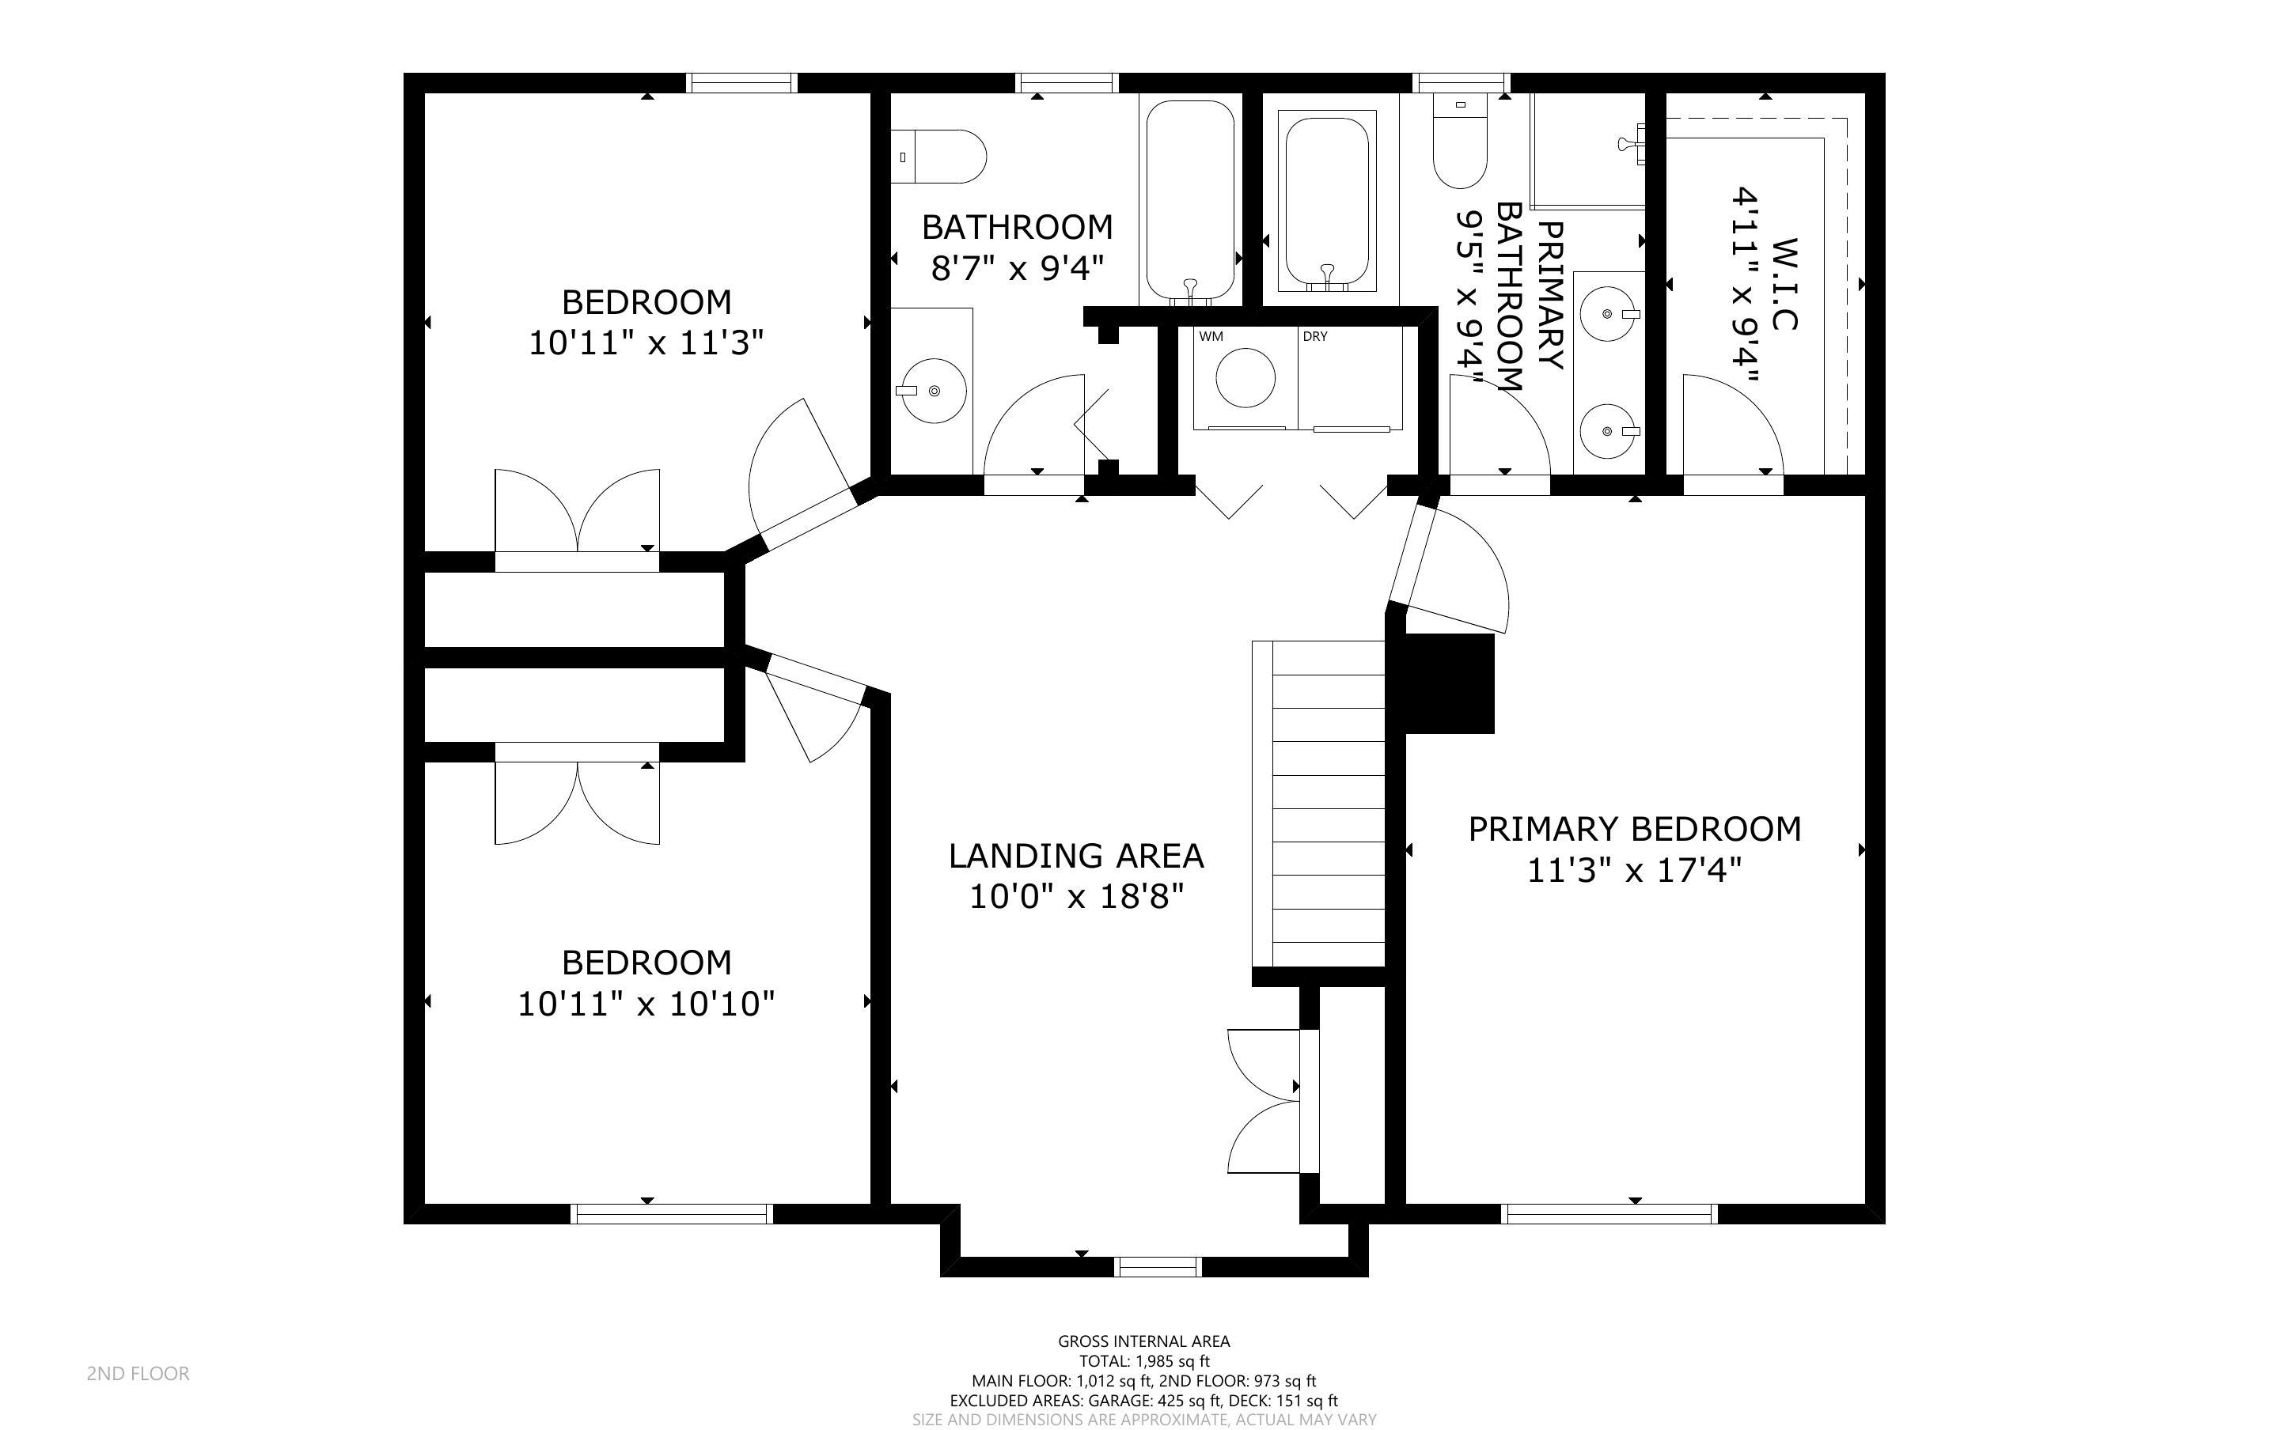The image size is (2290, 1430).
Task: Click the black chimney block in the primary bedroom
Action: [1447, 683]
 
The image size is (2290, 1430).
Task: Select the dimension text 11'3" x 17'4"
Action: [1633, 869]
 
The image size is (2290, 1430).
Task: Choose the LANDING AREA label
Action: [1075, 856]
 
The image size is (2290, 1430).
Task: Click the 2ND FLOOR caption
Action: [138, 1373]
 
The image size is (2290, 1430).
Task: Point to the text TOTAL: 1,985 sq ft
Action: [1143, 1362]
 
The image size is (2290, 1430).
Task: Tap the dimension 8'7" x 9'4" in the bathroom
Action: [1017, 269]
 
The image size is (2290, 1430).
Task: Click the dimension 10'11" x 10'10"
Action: [645, 1004]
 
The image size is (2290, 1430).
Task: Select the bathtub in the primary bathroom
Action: [1326, 201]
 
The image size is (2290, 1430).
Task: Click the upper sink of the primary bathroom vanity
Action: [1608, 313]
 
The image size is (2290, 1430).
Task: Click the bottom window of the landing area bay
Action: [1158, 1267]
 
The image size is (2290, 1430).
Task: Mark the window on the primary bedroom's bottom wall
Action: [1609, 1213]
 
